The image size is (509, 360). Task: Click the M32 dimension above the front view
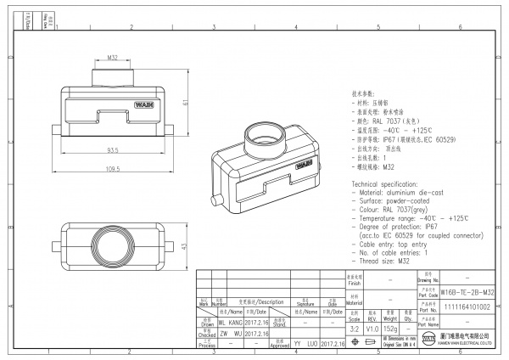point(113,58)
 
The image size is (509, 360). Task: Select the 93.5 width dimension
point(112,151)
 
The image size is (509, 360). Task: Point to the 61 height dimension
point(184,103)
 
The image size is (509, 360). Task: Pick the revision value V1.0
point(372,329)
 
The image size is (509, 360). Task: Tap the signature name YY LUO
point(305,346)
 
